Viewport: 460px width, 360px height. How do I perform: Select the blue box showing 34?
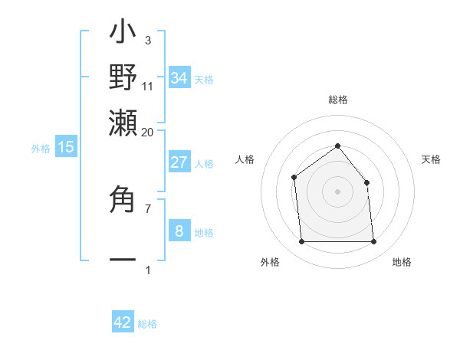click(x=179, y=77)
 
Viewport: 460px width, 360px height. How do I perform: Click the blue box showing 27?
click(x=179, y=162)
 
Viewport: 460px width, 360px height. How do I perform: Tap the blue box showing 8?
click(x=179, y=231)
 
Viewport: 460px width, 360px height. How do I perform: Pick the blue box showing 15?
click(x=66, y=147)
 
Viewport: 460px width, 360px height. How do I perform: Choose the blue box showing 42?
click(x=123, y=322)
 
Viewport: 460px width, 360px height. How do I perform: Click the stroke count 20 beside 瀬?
click(x=148, y=132)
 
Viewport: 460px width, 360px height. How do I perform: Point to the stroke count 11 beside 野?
click(x=148, y=87)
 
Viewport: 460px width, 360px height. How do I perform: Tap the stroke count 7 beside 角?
click(x=148, y=208)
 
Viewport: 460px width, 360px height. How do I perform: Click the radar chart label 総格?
click(x=337, y=100)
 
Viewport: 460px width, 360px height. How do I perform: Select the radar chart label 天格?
click(x=431, y=159)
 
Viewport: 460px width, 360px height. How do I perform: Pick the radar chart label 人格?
click(x=245, y=159)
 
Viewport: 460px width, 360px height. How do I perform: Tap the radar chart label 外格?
click(x=270, y=262)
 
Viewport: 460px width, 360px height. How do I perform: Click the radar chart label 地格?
click(x=402, y=262)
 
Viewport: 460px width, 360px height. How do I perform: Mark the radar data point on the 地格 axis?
click(x=373, y=242)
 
